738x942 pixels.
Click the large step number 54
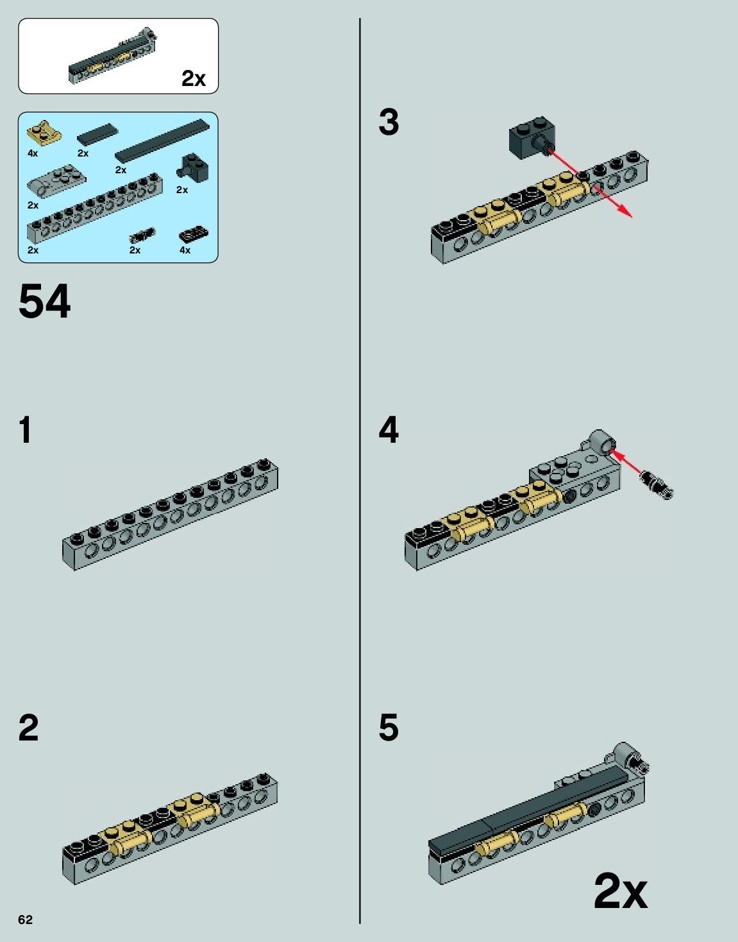pos(44,302)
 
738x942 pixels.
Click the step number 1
pos(26,429)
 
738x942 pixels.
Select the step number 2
pos(29,728)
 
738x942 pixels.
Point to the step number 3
pos(389,123)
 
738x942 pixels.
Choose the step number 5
pos(389,728)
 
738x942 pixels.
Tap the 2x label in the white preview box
pos(193,78)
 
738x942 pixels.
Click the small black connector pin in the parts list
pos(142,234)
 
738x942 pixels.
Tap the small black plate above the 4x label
pos(193,234)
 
